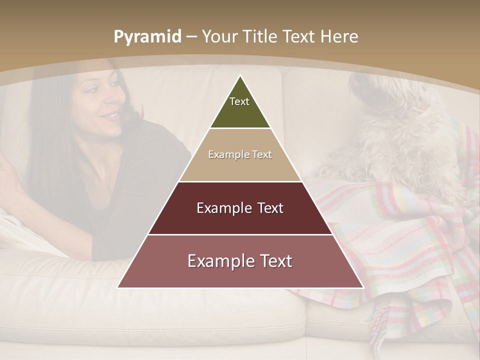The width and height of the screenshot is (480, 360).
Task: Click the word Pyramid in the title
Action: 147,37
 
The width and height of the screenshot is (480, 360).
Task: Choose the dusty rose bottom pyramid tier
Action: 240,272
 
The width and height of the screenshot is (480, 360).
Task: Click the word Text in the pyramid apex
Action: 239,101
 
